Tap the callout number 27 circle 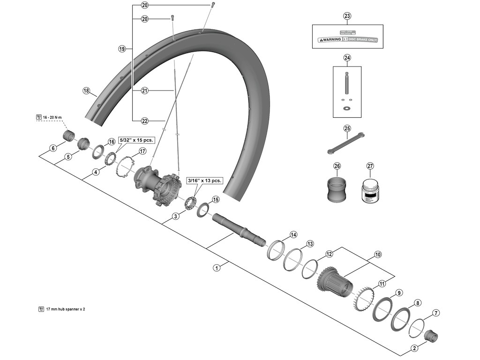pyautogui.click(x=370, y=166)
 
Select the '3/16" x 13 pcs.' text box pyautogui.click(x=204, y=180)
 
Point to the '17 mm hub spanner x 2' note pyautogui.click(x=65, y=309)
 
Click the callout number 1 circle pyautogui.click(x=216, y=268)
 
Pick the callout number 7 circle pyautogui.click(x=436, y=313)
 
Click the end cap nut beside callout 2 pyautogui.click(x=430, y=336)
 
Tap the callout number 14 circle pyautogui.click(x=293, y=234)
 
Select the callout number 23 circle pyautogui.click(x=347, y=16)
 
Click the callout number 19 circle pyautogui.click(x=122, y=49)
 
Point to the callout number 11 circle pyautogui.click(x=382, y=284)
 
